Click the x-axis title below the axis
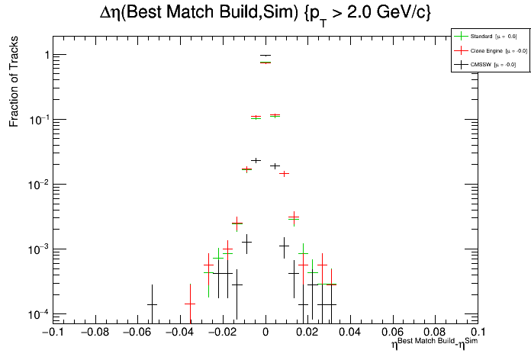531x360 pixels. tap(436, 344)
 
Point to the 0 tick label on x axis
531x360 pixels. tap(265, 333)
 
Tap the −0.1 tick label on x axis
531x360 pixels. tap(52, 333)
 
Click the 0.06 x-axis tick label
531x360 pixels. tap(392, 333)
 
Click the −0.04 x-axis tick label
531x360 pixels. tap(179, 333)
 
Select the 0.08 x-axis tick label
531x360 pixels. tap(435, 333)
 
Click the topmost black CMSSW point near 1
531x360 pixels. tap(265, 55)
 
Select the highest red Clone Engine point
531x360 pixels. tap(265, 63)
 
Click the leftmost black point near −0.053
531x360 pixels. tap(152, 304)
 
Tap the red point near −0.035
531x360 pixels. tap(190, 304)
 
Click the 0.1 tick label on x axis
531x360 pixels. tap(478, 333)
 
